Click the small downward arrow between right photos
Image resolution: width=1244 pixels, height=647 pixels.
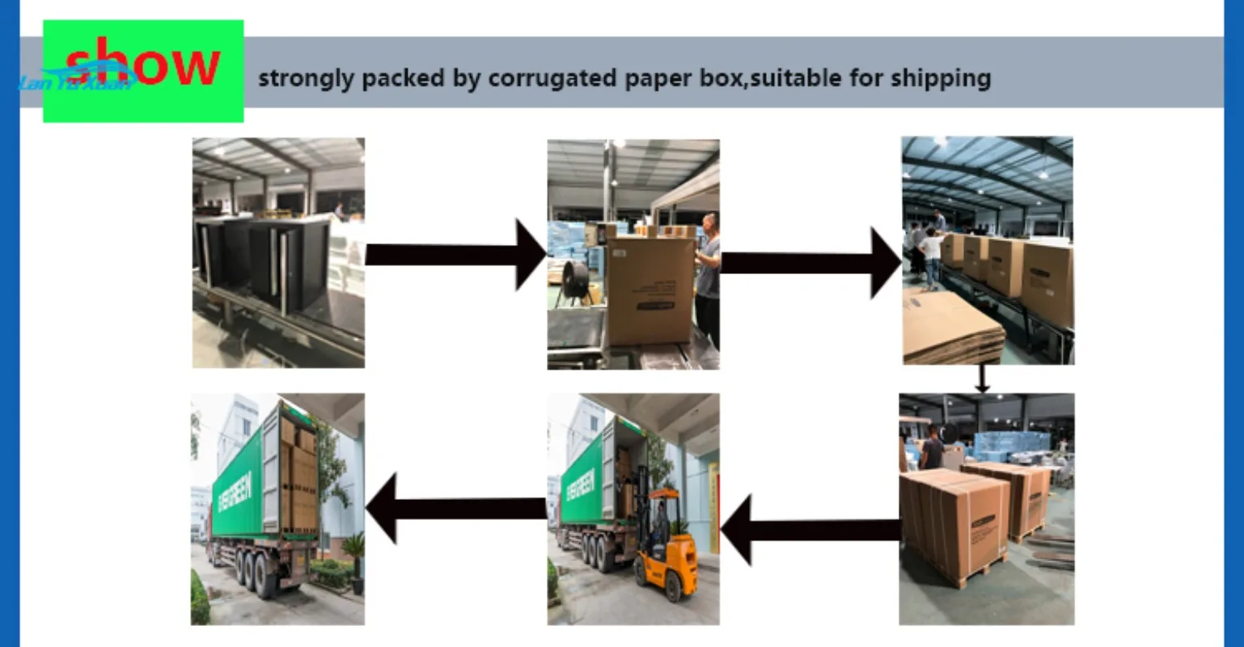[982, 378]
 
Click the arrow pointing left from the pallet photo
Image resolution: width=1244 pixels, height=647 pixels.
[809, 530]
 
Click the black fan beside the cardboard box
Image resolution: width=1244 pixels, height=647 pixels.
[578, 283]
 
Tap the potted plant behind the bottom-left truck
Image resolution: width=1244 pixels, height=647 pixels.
[353, 558]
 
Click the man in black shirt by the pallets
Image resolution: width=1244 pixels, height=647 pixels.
[931, 449]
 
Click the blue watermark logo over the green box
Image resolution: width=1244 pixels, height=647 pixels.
[77, 81]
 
